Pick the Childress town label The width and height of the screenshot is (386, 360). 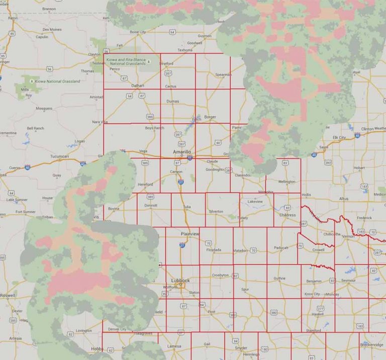tap(287, 214)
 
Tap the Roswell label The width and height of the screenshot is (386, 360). tap(8, 296)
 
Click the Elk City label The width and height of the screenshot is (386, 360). tap(339, 137)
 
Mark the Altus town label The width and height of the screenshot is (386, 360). tap(343, 199)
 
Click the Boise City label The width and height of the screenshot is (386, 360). tap(137, 32)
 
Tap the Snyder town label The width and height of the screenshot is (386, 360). tap(241, 347)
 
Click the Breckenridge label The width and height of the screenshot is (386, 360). tap(372, 344)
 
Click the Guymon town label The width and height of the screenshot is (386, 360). tap(205, 36)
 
